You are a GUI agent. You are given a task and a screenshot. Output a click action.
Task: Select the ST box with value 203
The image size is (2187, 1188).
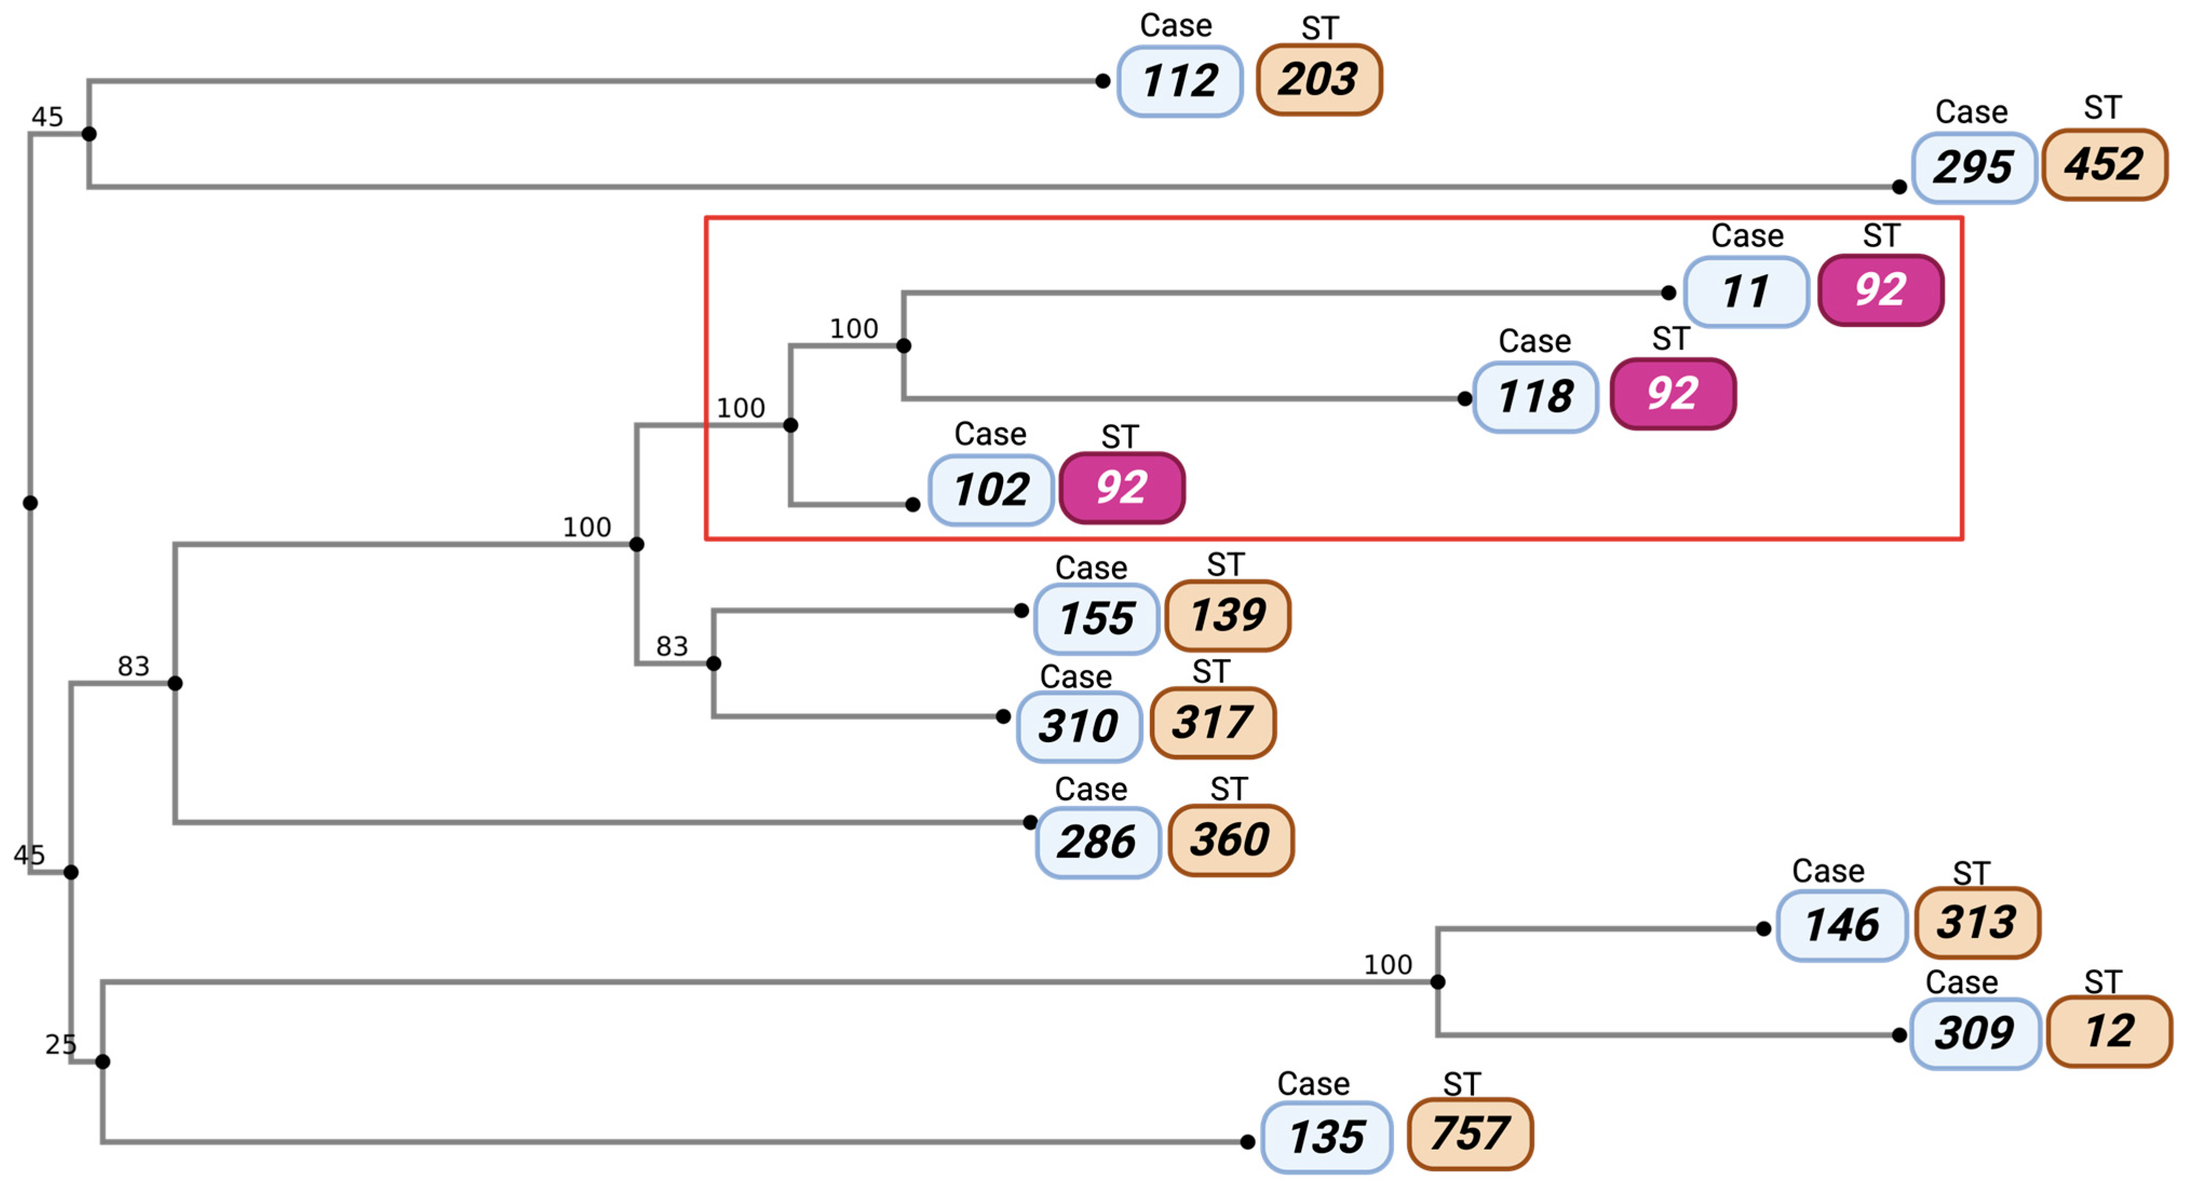tap(1318, 80)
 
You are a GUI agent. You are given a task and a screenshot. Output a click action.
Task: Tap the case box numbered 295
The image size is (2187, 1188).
tap(1973, 167)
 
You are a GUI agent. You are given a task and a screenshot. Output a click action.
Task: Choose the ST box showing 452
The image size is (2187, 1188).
tap(2104, 165)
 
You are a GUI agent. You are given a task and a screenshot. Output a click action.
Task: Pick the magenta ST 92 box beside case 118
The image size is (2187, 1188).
tap(1673, 393)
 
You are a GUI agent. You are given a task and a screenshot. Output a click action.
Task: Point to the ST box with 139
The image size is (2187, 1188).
tap(1228, 615)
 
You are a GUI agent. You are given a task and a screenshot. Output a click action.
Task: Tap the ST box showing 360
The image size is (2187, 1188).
tap(1230, 840)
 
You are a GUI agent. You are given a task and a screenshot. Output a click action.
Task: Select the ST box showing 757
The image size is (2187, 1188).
tap(1470, 1133)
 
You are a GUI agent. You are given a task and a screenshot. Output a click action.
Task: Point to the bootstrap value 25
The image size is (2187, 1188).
tap(60, 1044)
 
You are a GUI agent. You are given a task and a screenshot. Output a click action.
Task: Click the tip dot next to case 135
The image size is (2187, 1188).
tap(1247, 1142)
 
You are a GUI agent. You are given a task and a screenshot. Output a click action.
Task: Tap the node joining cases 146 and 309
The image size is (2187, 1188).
tap(1437, 982)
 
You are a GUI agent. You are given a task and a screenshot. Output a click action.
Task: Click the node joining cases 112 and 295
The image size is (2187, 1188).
tap(89, 134)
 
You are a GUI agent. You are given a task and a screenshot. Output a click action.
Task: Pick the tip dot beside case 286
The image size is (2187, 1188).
tap(1030, 822)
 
